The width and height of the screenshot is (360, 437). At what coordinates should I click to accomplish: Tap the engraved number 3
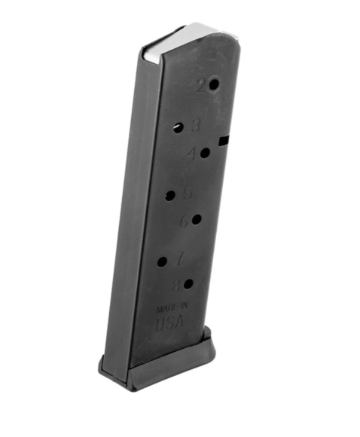pyautogui.click(x=196, y=125)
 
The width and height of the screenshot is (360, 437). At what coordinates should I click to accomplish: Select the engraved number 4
pyautogui.click(x=191, y=154)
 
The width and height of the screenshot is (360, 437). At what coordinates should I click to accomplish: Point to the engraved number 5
pyautogui.click(x=187, y=193)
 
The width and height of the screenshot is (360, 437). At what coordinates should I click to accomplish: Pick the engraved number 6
pyautogui.click(x=183, y=222)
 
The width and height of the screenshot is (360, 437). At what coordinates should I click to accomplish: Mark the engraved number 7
pyautogui.click(x=179, y=260)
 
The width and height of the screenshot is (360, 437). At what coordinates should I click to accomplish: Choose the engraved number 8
pyautogui.click(x=175, y=286)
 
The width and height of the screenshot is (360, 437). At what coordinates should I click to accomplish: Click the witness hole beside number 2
pyautogui.click(x=214, y=84)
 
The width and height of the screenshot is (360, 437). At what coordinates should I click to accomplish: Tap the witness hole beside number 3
pyautogui.click(x=178, y=128)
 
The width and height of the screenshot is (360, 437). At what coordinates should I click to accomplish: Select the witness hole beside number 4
pyautogui.click(x=205, y=153)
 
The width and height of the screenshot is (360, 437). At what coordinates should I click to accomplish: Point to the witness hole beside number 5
pyautogui.click(x=170, y=195)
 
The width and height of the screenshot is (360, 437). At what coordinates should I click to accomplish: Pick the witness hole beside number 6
pyautogui.click(x=196, y=220)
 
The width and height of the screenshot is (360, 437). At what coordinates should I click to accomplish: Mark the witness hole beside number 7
pyautogui.click(x=163, y=262)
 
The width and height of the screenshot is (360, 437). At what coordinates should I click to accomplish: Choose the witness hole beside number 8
pyautogui.click(x=188, y=285)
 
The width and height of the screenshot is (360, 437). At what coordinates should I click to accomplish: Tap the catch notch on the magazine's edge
pyautogui.click(x=223, y=139)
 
